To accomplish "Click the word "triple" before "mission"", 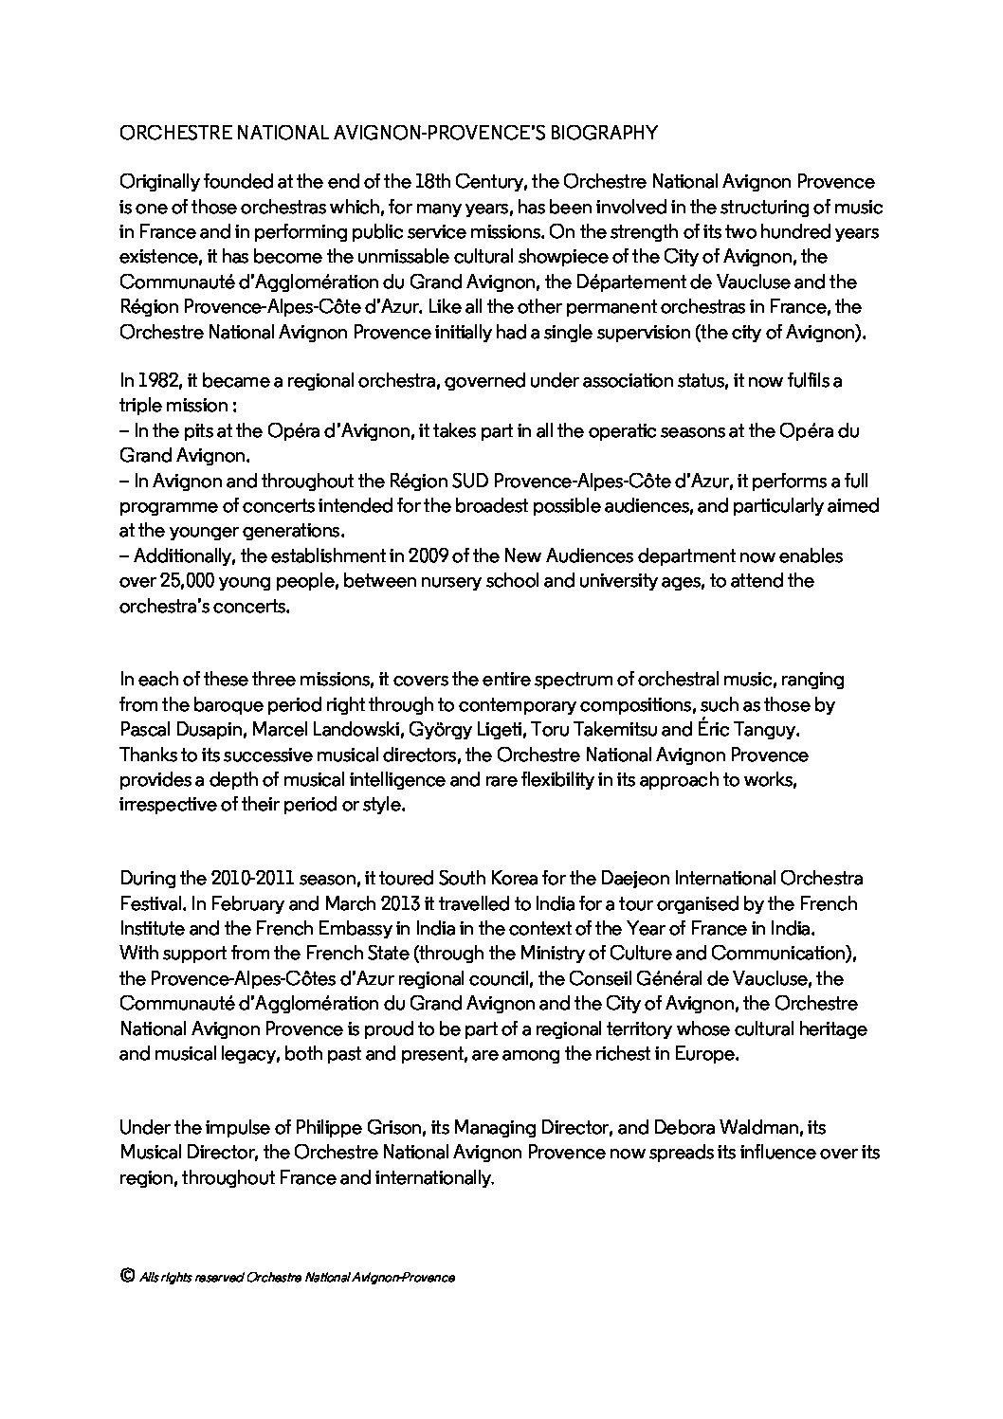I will tap(140, 406).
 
